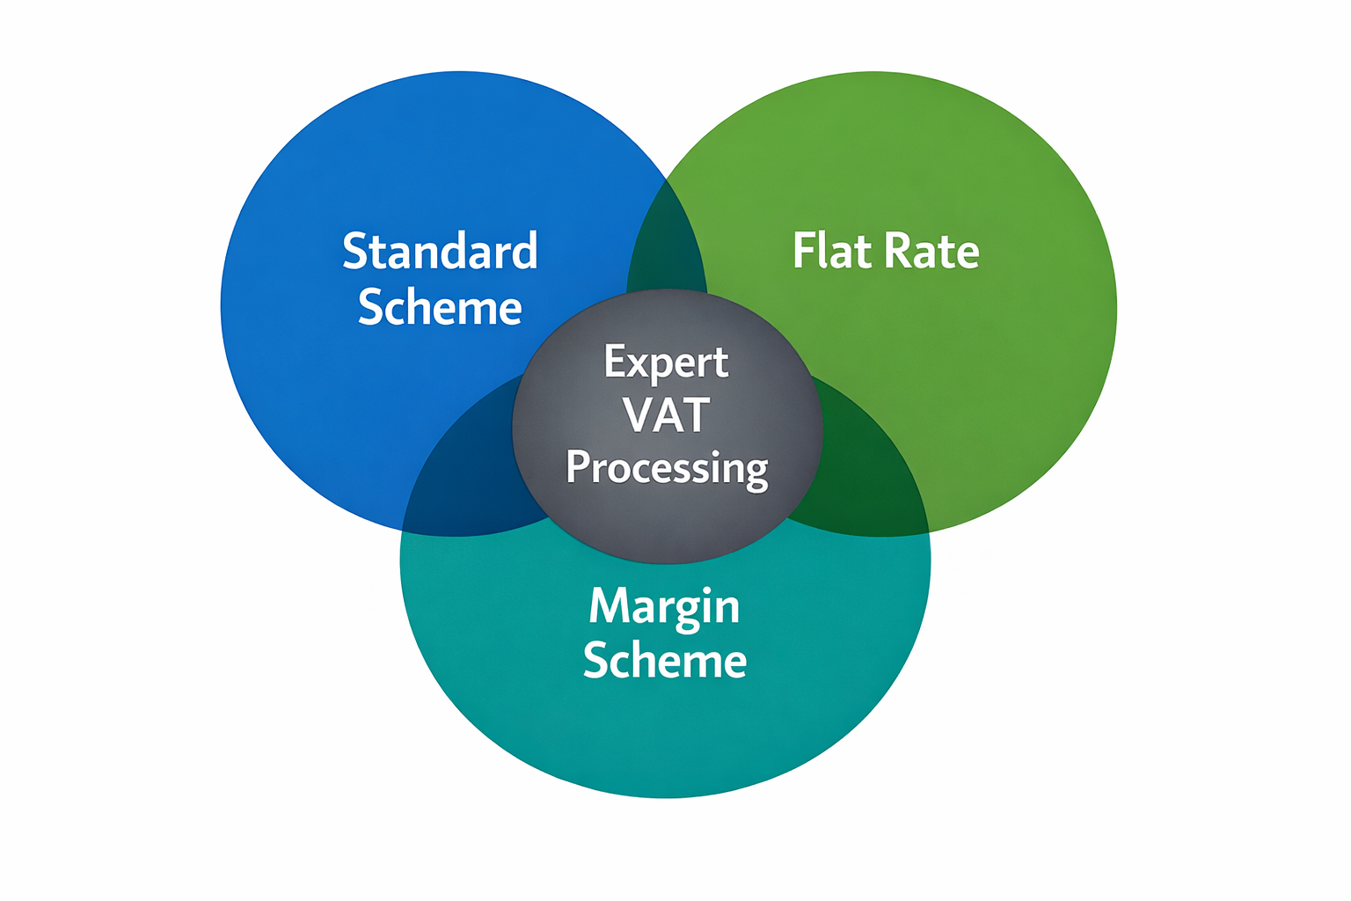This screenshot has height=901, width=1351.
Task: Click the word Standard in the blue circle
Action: tap(440, 252)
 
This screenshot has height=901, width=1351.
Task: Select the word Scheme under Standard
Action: tap(440, 308)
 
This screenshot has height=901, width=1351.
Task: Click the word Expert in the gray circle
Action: tap(666, 362)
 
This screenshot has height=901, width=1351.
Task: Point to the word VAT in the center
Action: tap(666, 415)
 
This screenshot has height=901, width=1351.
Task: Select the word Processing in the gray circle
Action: tap(667, 467)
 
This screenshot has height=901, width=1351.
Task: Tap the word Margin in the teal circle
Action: tap(664, 606)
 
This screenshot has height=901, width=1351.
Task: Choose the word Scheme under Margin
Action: tap(664, 661)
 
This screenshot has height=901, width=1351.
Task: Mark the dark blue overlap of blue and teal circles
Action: tap(466, 475)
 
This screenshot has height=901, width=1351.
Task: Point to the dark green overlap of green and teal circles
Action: tap(866, 475)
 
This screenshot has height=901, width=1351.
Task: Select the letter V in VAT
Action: tap(640, 415)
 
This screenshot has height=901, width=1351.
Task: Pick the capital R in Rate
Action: tap(899, 252)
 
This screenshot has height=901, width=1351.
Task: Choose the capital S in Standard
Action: tap(354, 252)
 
